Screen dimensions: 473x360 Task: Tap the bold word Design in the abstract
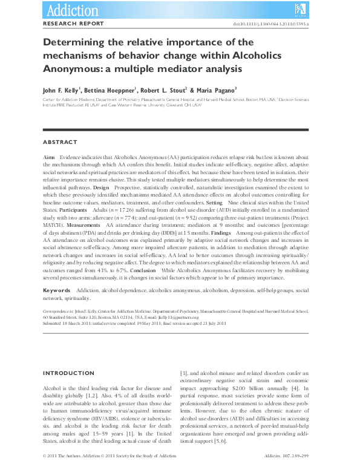pos(102,188)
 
